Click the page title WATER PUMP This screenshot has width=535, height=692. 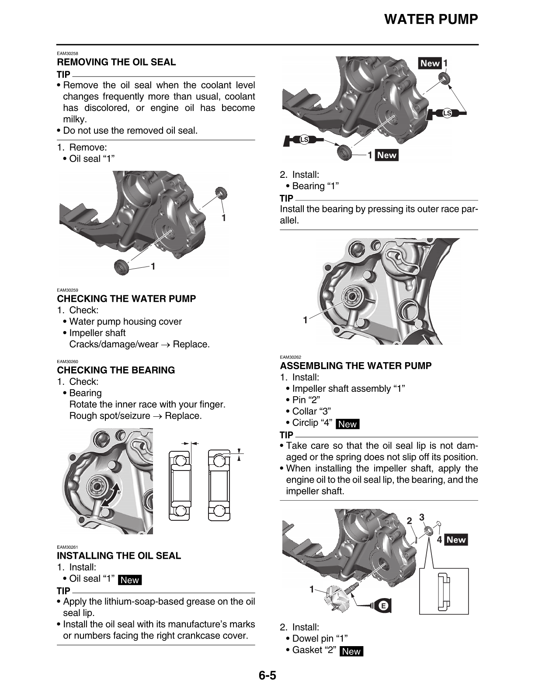[431, 20]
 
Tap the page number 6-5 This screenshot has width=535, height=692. [267, 675]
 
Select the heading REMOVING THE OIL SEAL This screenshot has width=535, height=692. [116, 62]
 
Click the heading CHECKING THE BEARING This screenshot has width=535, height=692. [116, 370]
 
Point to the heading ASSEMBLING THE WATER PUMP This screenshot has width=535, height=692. [355, 366]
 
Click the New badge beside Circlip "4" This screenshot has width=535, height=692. [347, 424]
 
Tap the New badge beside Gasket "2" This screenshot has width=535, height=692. [351, 651]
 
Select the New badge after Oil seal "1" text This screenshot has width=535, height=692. [129, 580]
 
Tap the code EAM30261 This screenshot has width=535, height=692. [67, 547]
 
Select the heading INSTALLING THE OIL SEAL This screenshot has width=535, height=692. [119, 556]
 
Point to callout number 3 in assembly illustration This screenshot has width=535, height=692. [421, 517]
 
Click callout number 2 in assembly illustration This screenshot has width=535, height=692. [409, 520]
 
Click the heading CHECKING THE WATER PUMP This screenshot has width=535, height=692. [126, 299]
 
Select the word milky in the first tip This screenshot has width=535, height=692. [74, 119]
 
